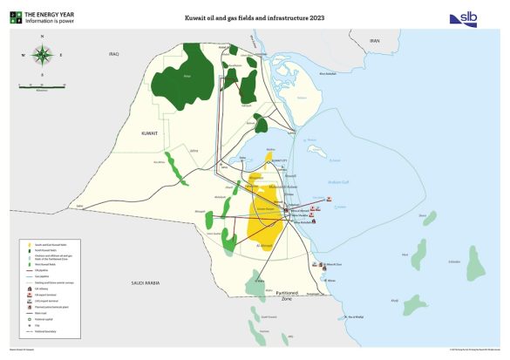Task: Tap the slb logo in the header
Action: [462, 18]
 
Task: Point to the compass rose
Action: [42, 54]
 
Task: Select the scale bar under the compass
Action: [43, 85]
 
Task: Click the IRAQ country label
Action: [112, 53]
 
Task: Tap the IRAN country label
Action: [375, 41]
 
